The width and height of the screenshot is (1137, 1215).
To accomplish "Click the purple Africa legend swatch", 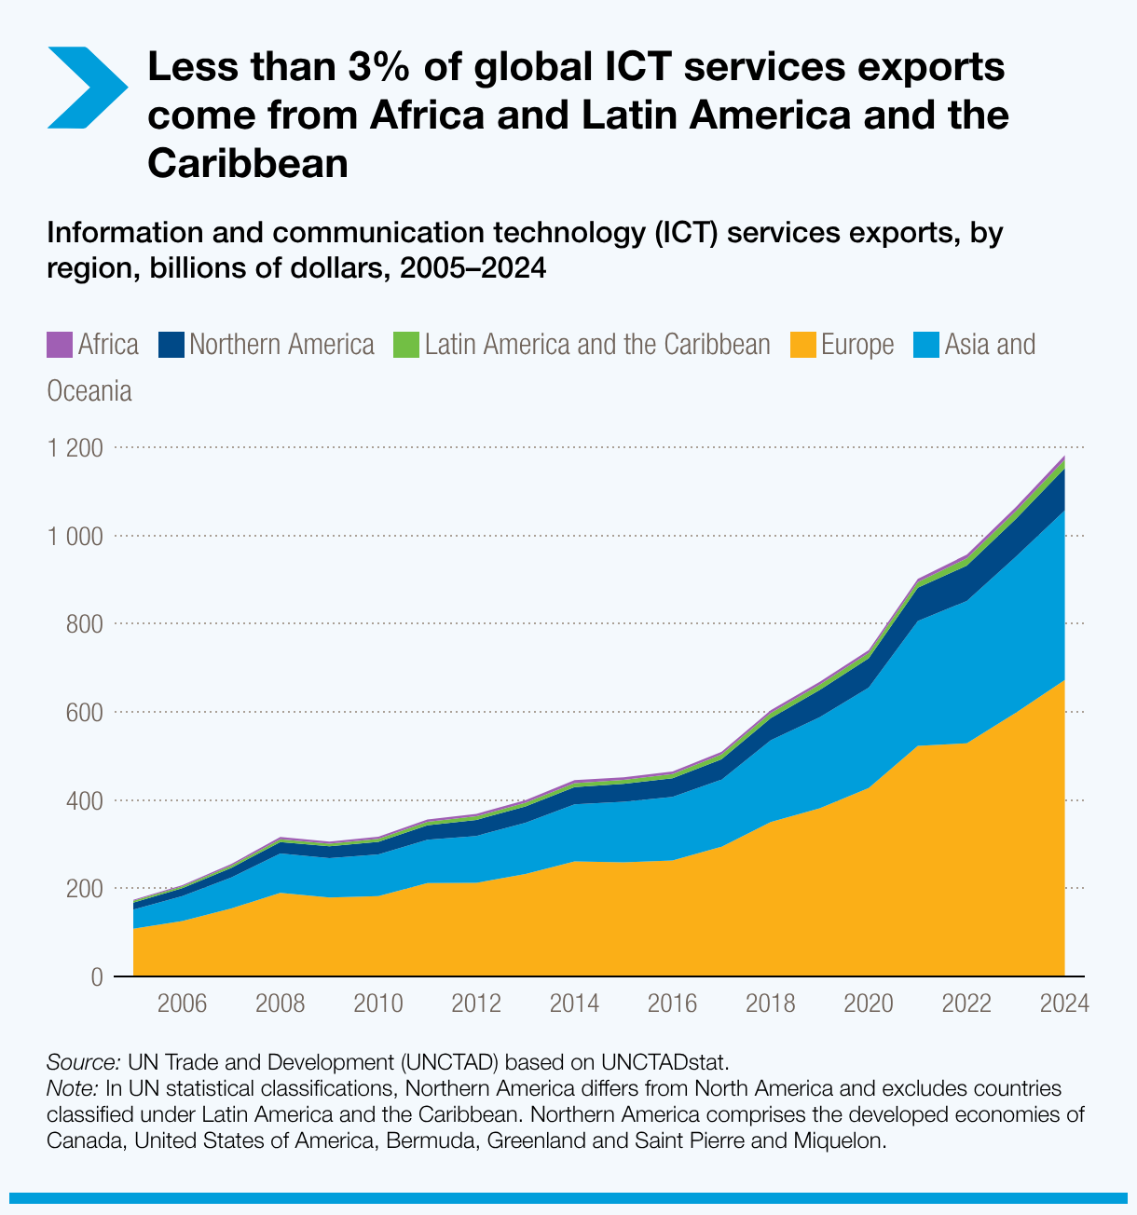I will coord(59,345).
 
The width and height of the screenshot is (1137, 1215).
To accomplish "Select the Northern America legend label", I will coord(281,345).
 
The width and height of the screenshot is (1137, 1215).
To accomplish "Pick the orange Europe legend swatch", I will coord(802,345).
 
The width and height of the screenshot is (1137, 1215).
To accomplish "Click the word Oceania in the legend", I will coord(89,391).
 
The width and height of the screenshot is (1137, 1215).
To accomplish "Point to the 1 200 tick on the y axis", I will coord(75,448).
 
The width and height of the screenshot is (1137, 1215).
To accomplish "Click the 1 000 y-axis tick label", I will coord(75,537).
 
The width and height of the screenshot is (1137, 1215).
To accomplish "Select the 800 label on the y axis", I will coord(83,624).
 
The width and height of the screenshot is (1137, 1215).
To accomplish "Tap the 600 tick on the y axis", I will coord(83,713).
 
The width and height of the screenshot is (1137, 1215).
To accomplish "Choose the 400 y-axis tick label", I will coord(83,800).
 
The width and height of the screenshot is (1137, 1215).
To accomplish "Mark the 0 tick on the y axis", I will coord(96,977).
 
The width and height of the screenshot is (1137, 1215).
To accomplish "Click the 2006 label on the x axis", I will coord(182,1003).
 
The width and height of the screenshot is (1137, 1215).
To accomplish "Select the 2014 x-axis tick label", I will coord(574,1003).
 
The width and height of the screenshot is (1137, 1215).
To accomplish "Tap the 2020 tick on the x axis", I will coord(869,1003).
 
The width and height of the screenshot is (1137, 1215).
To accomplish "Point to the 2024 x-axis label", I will coord(1064,1003).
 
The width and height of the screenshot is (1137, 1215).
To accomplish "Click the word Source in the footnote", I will coord(82,1062).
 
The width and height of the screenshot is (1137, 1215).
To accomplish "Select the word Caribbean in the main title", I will coord(248,164).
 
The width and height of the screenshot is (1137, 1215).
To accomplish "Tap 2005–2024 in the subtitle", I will coord(472,269).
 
